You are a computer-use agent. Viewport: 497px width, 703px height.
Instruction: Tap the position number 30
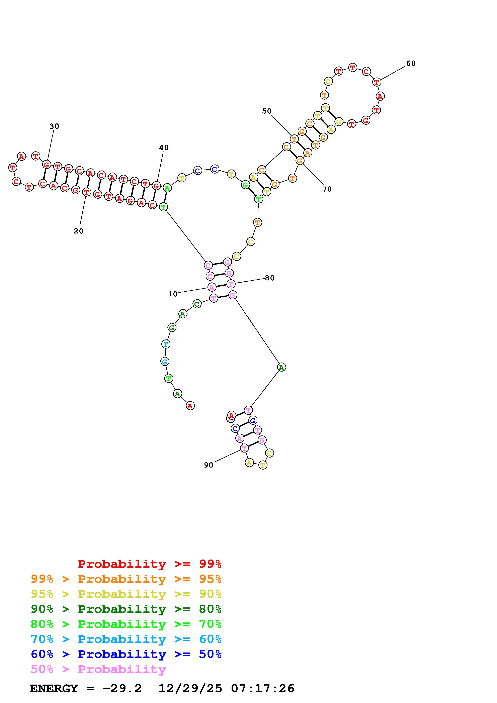54,126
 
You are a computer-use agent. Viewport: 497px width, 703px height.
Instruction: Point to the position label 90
208,465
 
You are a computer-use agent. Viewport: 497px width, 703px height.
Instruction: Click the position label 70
327,189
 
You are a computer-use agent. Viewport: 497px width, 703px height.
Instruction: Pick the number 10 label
172,294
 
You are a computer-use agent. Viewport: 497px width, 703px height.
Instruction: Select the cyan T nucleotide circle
166,344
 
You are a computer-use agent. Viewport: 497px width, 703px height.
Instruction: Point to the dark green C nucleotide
197,304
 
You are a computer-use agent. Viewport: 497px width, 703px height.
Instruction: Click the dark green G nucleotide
172,328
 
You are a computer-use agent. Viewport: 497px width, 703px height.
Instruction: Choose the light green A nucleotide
167,188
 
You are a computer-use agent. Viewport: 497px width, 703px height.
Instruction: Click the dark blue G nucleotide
252,420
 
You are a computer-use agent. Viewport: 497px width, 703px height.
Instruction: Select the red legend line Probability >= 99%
149,564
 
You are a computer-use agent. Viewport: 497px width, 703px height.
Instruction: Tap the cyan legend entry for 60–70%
126,639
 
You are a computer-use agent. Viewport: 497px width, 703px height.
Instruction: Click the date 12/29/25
190,689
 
